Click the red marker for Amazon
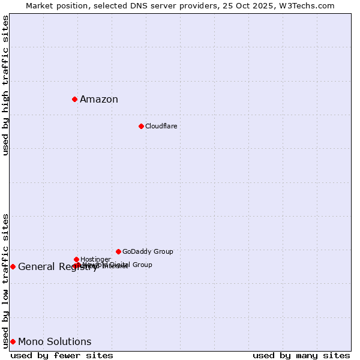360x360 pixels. pos(74,99)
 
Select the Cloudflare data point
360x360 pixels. pos(141,126)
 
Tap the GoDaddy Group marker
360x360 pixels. pos(118,251)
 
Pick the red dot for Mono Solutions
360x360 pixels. pos(13,341)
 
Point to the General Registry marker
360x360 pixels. pos(13,266)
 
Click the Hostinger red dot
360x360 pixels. pos(76,259)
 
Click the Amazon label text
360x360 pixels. pos(99,100)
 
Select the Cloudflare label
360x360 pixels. pos(161,126)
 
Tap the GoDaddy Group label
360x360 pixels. pos(148,251)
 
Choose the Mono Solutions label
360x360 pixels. pos(55,342)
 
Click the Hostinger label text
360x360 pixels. pos(95,259)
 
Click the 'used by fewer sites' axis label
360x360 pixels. pos(62,355)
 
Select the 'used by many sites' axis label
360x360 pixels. pos(301,355)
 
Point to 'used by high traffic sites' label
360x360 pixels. pos(6,85)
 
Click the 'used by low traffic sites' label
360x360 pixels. pos(6,281)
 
